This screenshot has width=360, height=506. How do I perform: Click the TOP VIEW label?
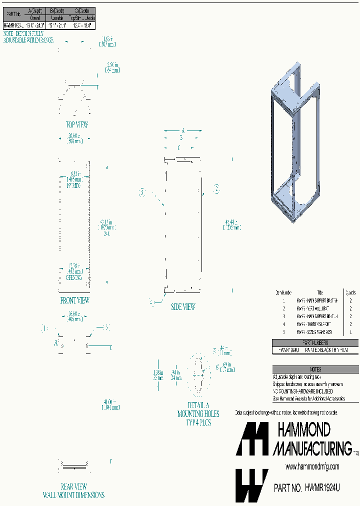tap(77, 125)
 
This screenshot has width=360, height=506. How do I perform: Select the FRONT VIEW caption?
tap(74, 300)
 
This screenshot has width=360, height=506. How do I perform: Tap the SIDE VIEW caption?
tap(182, 307)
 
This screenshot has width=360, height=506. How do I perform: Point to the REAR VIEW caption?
tap(74, 486)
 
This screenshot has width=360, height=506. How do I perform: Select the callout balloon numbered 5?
tap(142, 192)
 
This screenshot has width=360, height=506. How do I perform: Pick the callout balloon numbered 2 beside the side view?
tap(216, 189)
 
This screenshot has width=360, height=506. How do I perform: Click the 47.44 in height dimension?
tap(232, 224)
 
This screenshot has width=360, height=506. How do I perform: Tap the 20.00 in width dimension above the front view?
tap(74, 138)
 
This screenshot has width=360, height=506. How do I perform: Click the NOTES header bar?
tap(315, 369)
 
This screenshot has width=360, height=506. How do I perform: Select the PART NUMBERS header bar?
tap(315, 343)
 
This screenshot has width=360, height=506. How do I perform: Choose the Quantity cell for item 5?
tap(351, 332)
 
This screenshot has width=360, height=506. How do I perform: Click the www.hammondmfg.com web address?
tap(312, 466)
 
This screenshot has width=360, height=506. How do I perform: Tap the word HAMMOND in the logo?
tap(303, 429)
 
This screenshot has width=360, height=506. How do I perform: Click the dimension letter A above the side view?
tap(183, 130)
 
